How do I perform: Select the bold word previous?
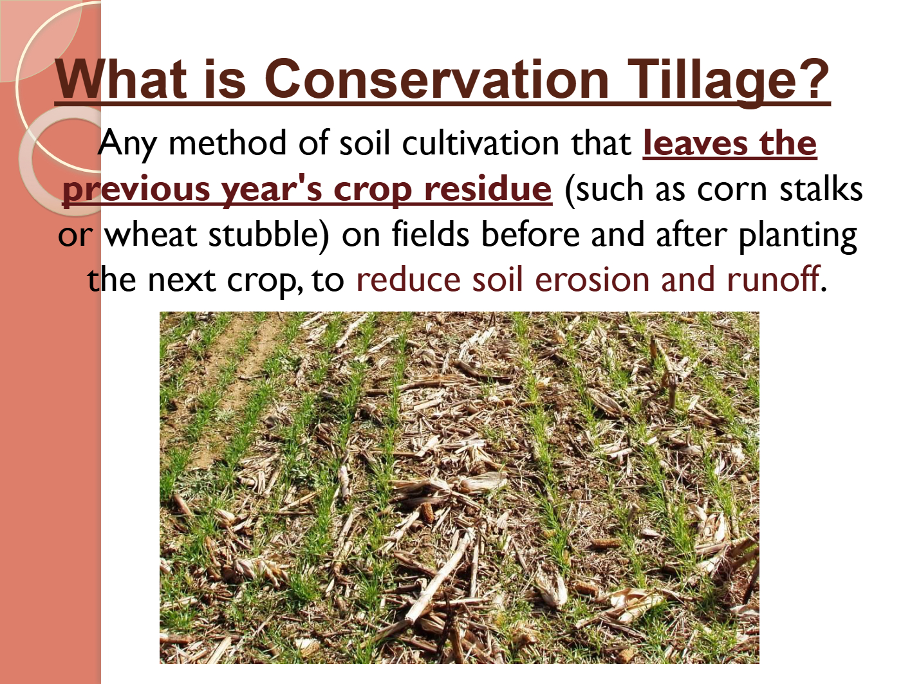point(136,189)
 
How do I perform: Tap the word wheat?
point(151,234)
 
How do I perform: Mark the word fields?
point(431,234)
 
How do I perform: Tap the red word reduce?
point(409,279)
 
